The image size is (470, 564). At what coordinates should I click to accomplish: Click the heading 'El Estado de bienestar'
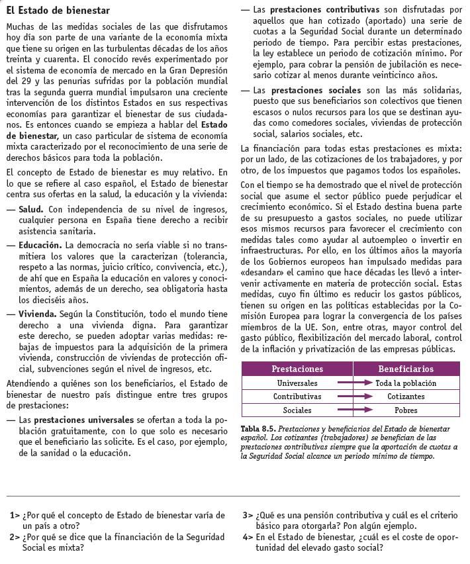[58, 11]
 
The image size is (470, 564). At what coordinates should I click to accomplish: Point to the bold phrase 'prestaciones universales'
[84, 420]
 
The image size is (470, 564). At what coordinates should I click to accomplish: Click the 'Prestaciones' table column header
[297, 369]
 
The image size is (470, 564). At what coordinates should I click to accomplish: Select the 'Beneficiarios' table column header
[405, 369]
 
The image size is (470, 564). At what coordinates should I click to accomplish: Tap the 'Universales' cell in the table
[297, 383]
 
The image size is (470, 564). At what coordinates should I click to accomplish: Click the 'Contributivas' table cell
[297, 397]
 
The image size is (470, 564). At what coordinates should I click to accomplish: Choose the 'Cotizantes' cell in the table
[406, 397]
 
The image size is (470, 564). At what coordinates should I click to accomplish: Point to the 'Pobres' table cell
[406, 410]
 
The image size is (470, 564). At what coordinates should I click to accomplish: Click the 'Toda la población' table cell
[406, 383]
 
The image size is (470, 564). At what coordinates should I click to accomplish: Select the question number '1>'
[15, 515]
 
